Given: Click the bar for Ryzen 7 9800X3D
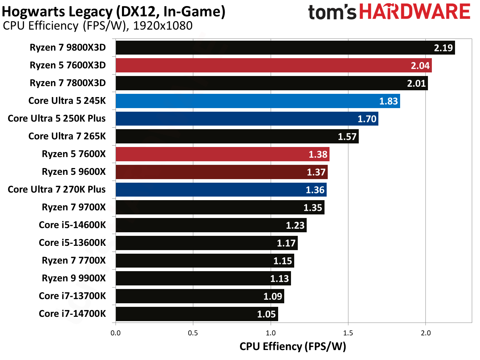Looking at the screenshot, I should coord(285,47).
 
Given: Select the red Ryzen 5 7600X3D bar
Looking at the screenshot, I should coord(274,65).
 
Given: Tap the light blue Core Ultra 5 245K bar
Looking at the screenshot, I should coord(257,101).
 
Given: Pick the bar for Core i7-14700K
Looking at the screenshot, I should coord(196,314).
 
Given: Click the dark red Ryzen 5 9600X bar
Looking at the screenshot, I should coord(221,172).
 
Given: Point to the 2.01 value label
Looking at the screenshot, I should coord(416,83).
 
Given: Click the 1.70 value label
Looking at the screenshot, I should coord(367,119).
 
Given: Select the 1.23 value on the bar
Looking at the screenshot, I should coord(295,225).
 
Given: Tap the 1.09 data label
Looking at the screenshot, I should coord(272,296).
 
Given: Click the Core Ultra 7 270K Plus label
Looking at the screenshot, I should coord(57,189).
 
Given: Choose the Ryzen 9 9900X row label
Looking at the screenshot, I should coord(73,278).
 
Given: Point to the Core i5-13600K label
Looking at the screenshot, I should coord(72,243).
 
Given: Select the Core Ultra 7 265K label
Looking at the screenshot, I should coord(67,136).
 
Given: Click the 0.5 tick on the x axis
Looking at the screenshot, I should coord(193,333).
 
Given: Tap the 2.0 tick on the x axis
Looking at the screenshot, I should coord(425,333).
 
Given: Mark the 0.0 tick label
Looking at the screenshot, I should coord(116,333).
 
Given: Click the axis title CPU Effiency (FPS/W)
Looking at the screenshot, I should coord(292,346).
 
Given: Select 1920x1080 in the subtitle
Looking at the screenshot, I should coord(163,26).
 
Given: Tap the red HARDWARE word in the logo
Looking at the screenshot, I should coord(415,12).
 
